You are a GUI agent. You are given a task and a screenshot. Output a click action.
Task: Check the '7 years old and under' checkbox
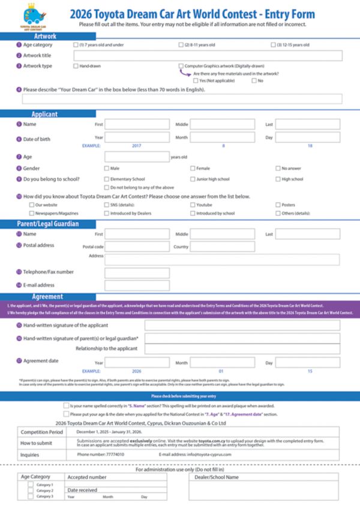pos(76,45)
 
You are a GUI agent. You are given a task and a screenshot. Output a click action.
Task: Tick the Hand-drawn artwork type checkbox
pos(76,66)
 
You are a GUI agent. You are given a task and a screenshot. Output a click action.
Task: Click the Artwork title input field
pos(208,56)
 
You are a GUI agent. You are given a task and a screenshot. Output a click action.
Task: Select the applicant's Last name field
pos(308,125)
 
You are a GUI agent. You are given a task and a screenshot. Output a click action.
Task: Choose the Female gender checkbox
pos(193,168)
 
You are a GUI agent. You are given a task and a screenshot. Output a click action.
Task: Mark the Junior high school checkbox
pos(193,179)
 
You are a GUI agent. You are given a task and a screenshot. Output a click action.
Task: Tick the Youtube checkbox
pos(193,205)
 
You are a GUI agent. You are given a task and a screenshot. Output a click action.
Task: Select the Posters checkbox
pos(278,205)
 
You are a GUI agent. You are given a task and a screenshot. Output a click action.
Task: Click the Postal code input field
pos(137,246)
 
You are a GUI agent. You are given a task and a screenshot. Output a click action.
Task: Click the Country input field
pos(223,246)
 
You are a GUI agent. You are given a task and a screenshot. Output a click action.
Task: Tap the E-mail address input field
pos(137,285)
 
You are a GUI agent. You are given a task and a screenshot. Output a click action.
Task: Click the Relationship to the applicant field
pos(242,349)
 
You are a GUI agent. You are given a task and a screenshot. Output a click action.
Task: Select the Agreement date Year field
pos(137,363)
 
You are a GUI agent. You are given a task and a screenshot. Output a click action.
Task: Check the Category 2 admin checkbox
pos(31,490)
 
